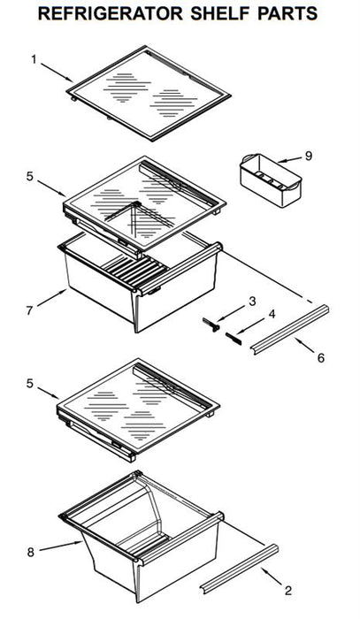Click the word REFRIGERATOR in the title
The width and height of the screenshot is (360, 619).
click(111, 13)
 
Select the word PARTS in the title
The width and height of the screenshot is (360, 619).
click(287, 13)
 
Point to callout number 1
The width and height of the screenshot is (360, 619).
click(34, 59)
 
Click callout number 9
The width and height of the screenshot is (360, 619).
click(309, 156)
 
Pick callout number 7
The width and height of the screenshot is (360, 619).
click(29, 310)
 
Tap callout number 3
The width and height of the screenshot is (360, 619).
click(252, 302)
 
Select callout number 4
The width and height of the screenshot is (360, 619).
click(272, 315)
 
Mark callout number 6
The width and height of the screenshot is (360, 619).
click(320, 358)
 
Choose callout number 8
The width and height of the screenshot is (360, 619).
click(31, 552)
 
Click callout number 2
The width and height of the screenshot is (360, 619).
click(288, 591)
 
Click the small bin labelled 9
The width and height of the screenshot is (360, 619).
click(271, 180)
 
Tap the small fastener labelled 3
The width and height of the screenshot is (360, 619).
click(211, 325)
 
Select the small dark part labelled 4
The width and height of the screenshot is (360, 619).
click(234, 339)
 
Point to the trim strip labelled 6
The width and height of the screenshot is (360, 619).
click(290, 329)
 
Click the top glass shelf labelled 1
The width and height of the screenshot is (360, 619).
click(149, 93)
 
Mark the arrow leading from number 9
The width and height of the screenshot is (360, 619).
click(290, 159)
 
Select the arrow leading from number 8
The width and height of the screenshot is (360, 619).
click(61, 546)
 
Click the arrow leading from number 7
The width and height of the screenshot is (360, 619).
click(51, 298)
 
